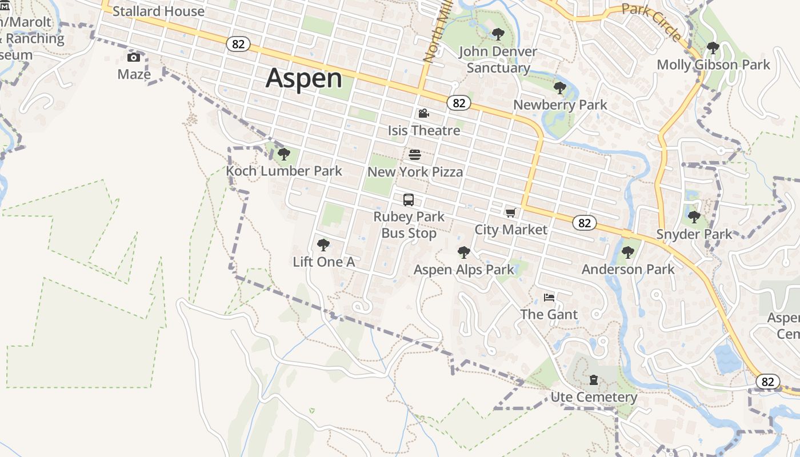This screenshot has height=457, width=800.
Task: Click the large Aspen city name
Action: pyautogui.click(x=304, y=78)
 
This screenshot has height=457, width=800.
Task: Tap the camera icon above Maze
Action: pyautogui.click(x=134, y=57)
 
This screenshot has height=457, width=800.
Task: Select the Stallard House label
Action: pyautogui.click(x=158, y=11)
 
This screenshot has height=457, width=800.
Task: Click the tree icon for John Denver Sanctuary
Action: pyautogui.click(x=498, y=34)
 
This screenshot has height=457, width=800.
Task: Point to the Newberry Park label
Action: pyautogui.click(x=560, y=105)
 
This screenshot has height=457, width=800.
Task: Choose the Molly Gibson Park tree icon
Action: pyautogui.click(x=713, y=47)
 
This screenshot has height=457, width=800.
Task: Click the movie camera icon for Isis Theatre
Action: pyautogui.click(x=423, y=114)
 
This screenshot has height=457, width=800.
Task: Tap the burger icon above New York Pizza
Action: pyautogui.click(x=415, y=154)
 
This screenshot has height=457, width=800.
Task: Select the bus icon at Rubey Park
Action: pyautogui.click(x=409, y=200)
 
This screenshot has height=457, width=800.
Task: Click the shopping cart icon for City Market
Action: pyautogui.click(x=510, y=213)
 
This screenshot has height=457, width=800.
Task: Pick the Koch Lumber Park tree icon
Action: pyautogui.click(x=283, y=154)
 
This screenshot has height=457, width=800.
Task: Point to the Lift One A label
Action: pyautogui.click(x=324, y=262)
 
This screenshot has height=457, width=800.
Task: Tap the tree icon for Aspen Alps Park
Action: pyautogui.click(x=463, y=252)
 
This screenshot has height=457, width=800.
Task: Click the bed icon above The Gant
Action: pyautogui.click(x=549, y=297)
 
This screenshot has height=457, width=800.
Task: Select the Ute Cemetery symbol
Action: pyautogui.click(x=594, y=380)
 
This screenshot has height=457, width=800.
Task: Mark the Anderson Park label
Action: pyautogui.click(x=628, y=269)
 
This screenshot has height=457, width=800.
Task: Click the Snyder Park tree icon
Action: pyautogui.click(x=694, y=217)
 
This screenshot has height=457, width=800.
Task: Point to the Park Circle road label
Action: pyautogui.click(x=651, y=22)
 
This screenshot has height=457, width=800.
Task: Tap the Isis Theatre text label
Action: pyautogui.click(x=424, y=131)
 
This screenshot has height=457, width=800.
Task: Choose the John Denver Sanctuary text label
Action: pyautogui.click(x=498, y=59)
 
